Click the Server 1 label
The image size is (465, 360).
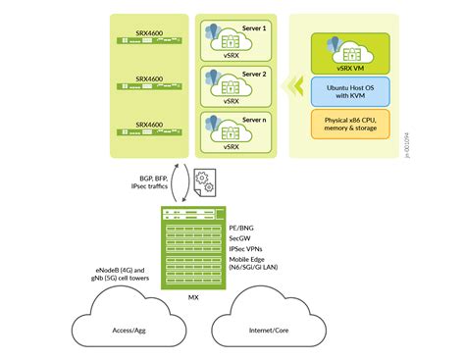tap(253, 29)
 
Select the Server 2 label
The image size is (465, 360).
tap(253, 74)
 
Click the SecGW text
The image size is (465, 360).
tap(241, 236)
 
